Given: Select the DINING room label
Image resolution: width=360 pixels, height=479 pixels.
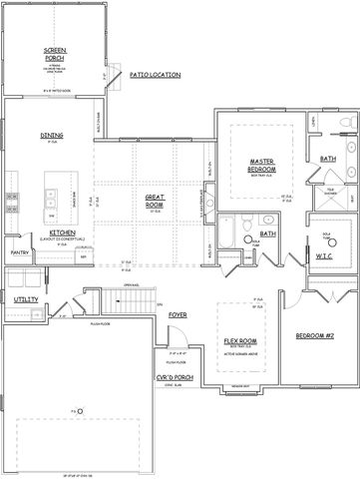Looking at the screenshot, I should point(52,137).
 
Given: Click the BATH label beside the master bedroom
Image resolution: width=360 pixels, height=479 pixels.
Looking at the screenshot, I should point(328,159).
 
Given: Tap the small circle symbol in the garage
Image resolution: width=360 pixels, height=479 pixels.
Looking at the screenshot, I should point(82,410).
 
